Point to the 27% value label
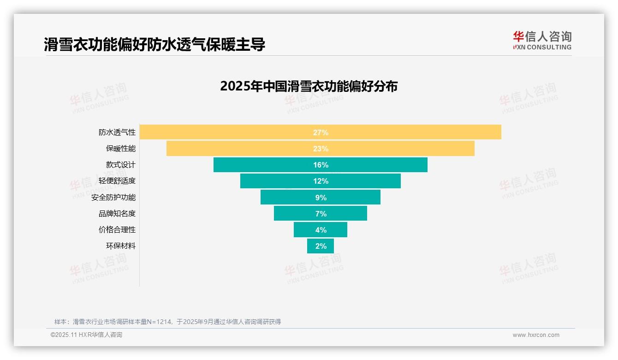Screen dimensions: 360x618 pyautogui.click(x=321, y=132)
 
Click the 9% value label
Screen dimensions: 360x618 pyautogui.click(x=321, y=198)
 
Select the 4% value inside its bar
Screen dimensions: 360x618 pyautogui.click(x=321, y=230)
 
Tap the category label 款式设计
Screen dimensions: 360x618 pyautogui.click(x=121, y=165)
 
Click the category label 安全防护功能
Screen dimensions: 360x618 pyautogui.click(x=113, y=197)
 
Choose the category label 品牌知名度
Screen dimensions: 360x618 pyautogui.click(x=117, y=214)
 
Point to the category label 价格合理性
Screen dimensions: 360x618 pyautogui.click(x=117, y=230)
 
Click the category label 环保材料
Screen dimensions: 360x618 pyautogui.click(x=121, y=246)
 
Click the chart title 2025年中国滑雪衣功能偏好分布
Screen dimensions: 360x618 pyautogui.click(x=309, y=86)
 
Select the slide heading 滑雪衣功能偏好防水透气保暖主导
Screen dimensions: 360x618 pyautogui.click(x=154, y=45)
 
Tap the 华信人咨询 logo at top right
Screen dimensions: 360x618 pyautogui.click(x=542, y=40)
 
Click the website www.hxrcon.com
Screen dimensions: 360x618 pyautogui.click(x=536, y=335)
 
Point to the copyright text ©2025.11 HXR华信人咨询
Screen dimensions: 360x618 pyautogui.click(x=86, y=335)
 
